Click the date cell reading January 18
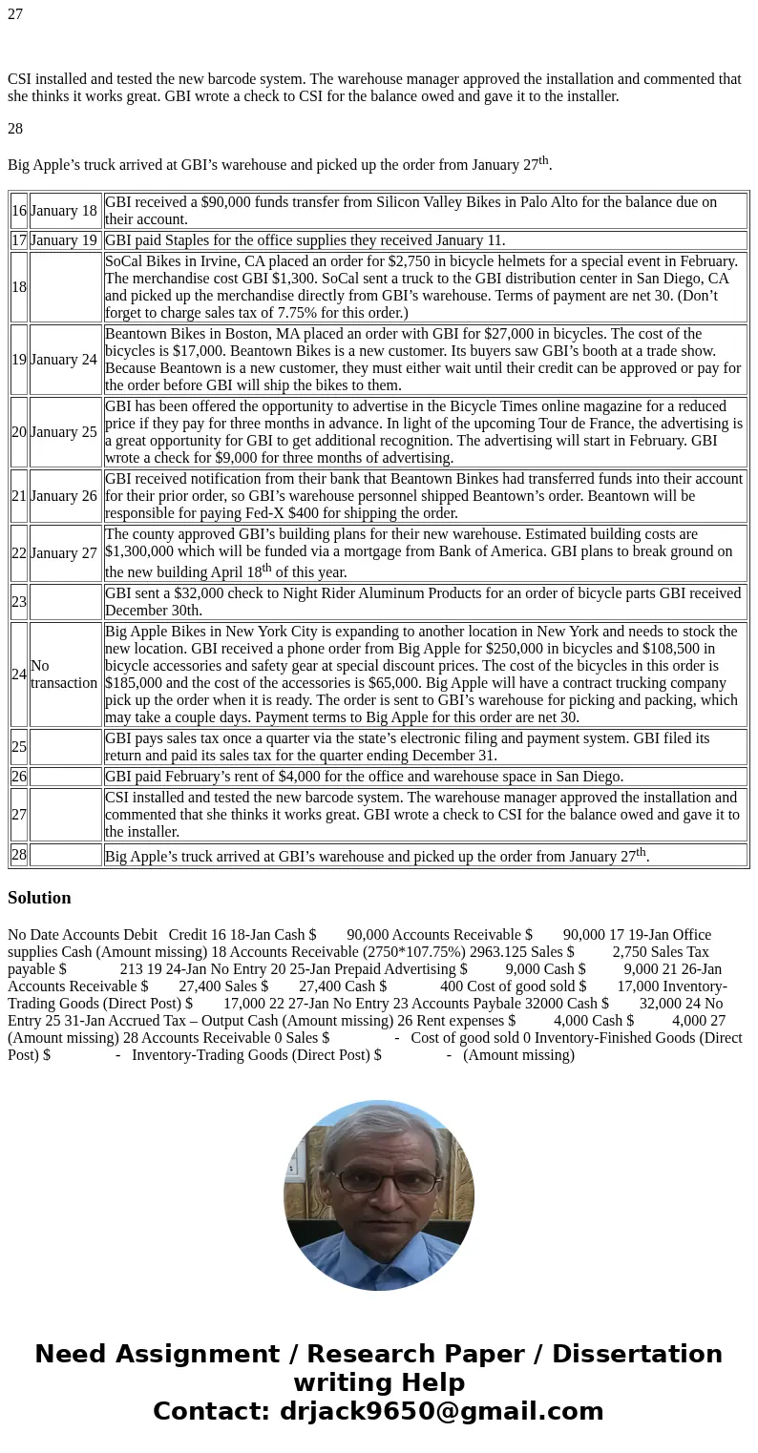pos(64,211)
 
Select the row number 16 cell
pos(19,211)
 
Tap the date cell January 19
pos(64,240)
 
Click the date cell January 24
pos(64,360)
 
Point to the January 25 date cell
pos(64,432)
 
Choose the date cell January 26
pos(64,496)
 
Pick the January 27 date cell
pos(64,553)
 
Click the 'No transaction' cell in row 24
pos(64,675)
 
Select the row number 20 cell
pos(19,432)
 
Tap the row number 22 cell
pos(19,553)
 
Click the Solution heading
pos(39,898)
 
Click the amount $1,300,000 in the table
pos(146,551)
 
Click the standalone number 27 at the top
pos(15,14)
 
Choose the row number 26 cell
pos(19,777)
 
